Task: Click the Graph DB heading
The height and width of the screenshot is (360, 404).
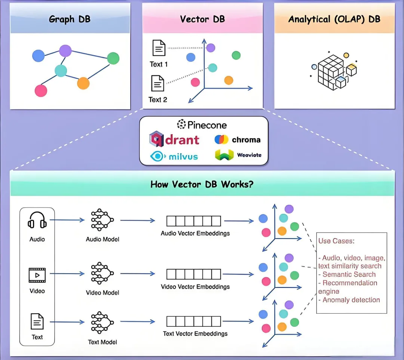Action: tap(70, 19)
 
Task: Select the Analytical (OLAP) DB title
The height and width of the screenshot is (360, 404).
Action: tap(334, 19)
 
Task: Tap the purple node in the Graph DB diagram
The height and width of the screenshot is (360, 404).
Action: tap(65, 50)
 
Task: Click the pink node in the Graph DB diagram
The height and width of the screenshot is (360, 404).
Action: tap(41, 90)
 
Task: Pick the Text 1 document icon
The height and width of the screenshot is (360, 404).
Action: tap(159, 48)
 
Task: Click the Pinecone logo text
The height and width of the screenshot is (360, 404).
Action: tap(202, 124)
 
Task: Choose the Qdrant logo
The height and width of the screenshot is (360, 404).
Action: tap(174, 139)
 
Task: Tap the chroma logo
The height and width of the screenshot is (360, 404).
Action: tap(238, 140)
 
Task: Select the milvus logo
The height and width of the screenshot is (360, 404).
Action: tap(174, 156)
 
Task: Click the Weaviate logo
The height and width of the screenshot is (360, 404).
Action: tap(238, 155)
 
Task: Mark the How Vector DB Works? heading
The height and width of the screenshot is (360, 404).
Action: tap(202, 184)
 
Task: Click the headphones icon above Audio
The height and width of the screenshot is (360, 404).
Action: tap(37, 220)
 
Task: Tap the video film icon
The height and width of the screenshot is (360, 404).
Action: tap(37, 275)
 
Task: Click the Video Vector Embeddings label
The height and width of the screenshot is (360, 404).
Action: tap(195, 287)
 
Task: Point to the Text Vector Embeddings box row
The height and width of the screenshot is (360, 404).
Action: tap(193, 321)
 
